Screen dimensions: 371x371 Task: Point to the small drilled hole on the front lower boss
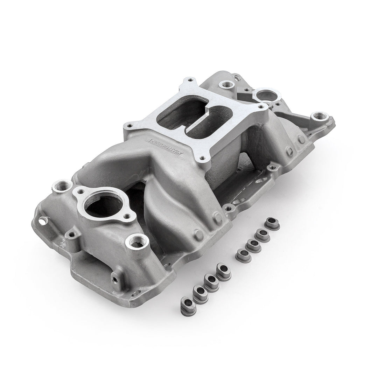point(114,280)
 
